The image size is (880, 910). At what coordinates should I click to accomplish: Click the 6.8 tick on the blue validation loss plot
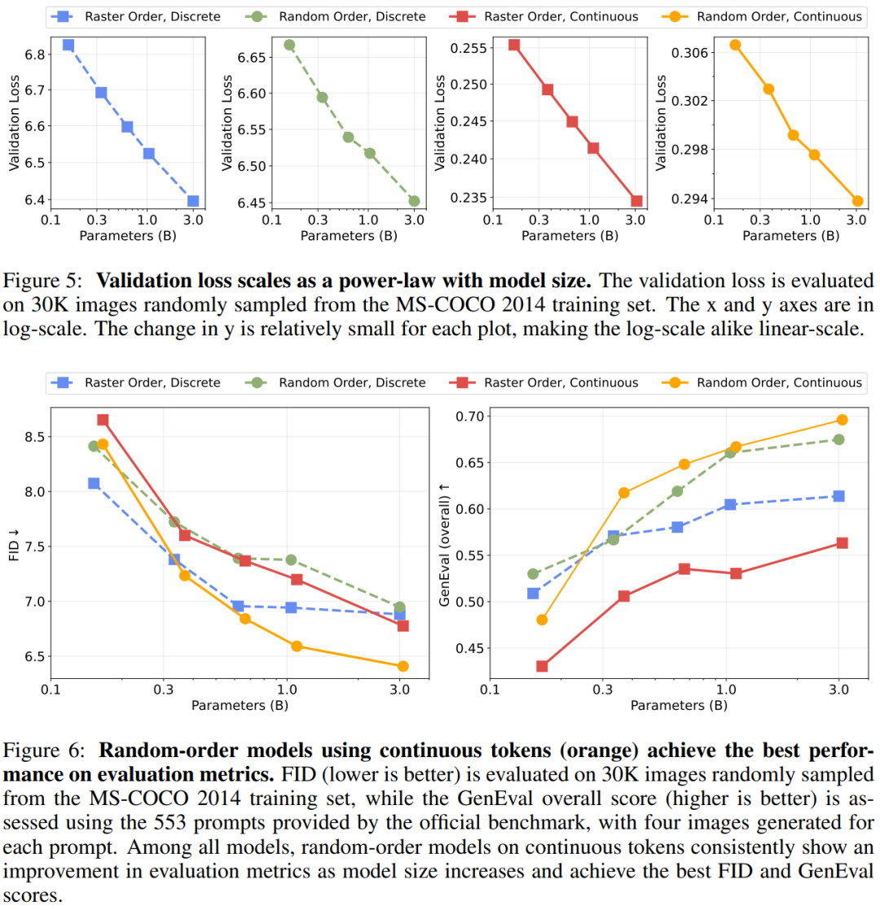pos(34,53)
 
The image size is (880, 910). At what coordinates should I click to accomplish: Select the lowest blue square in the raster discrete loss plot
pos(193,200)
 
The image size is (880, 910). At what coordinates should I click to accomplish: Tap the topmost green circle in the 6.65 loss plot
pos(288,45)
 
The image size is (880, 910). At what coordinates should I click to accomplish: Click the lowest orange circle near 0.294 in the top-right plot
pos(857,200)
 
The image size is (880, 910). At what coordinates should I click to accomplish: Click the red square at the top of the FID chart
pos(103,420)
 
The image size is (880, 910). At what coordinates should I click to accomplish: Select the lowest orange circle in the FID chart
pos(403,666)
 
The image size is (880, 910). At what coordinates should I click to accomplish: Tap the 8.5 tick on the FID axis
pos(34,437)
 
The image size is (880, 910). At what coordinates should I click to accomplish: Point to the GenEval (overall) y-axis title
pos(444,543)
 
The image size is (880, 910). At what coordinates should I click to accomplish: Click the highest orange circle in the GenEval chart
pos(843,420)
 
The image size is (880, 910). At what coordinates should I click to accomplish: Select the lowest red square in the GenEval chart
pos(542,666)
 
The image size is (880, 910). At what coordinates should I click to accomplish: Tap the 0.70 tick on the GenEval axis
pos(469,417)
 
